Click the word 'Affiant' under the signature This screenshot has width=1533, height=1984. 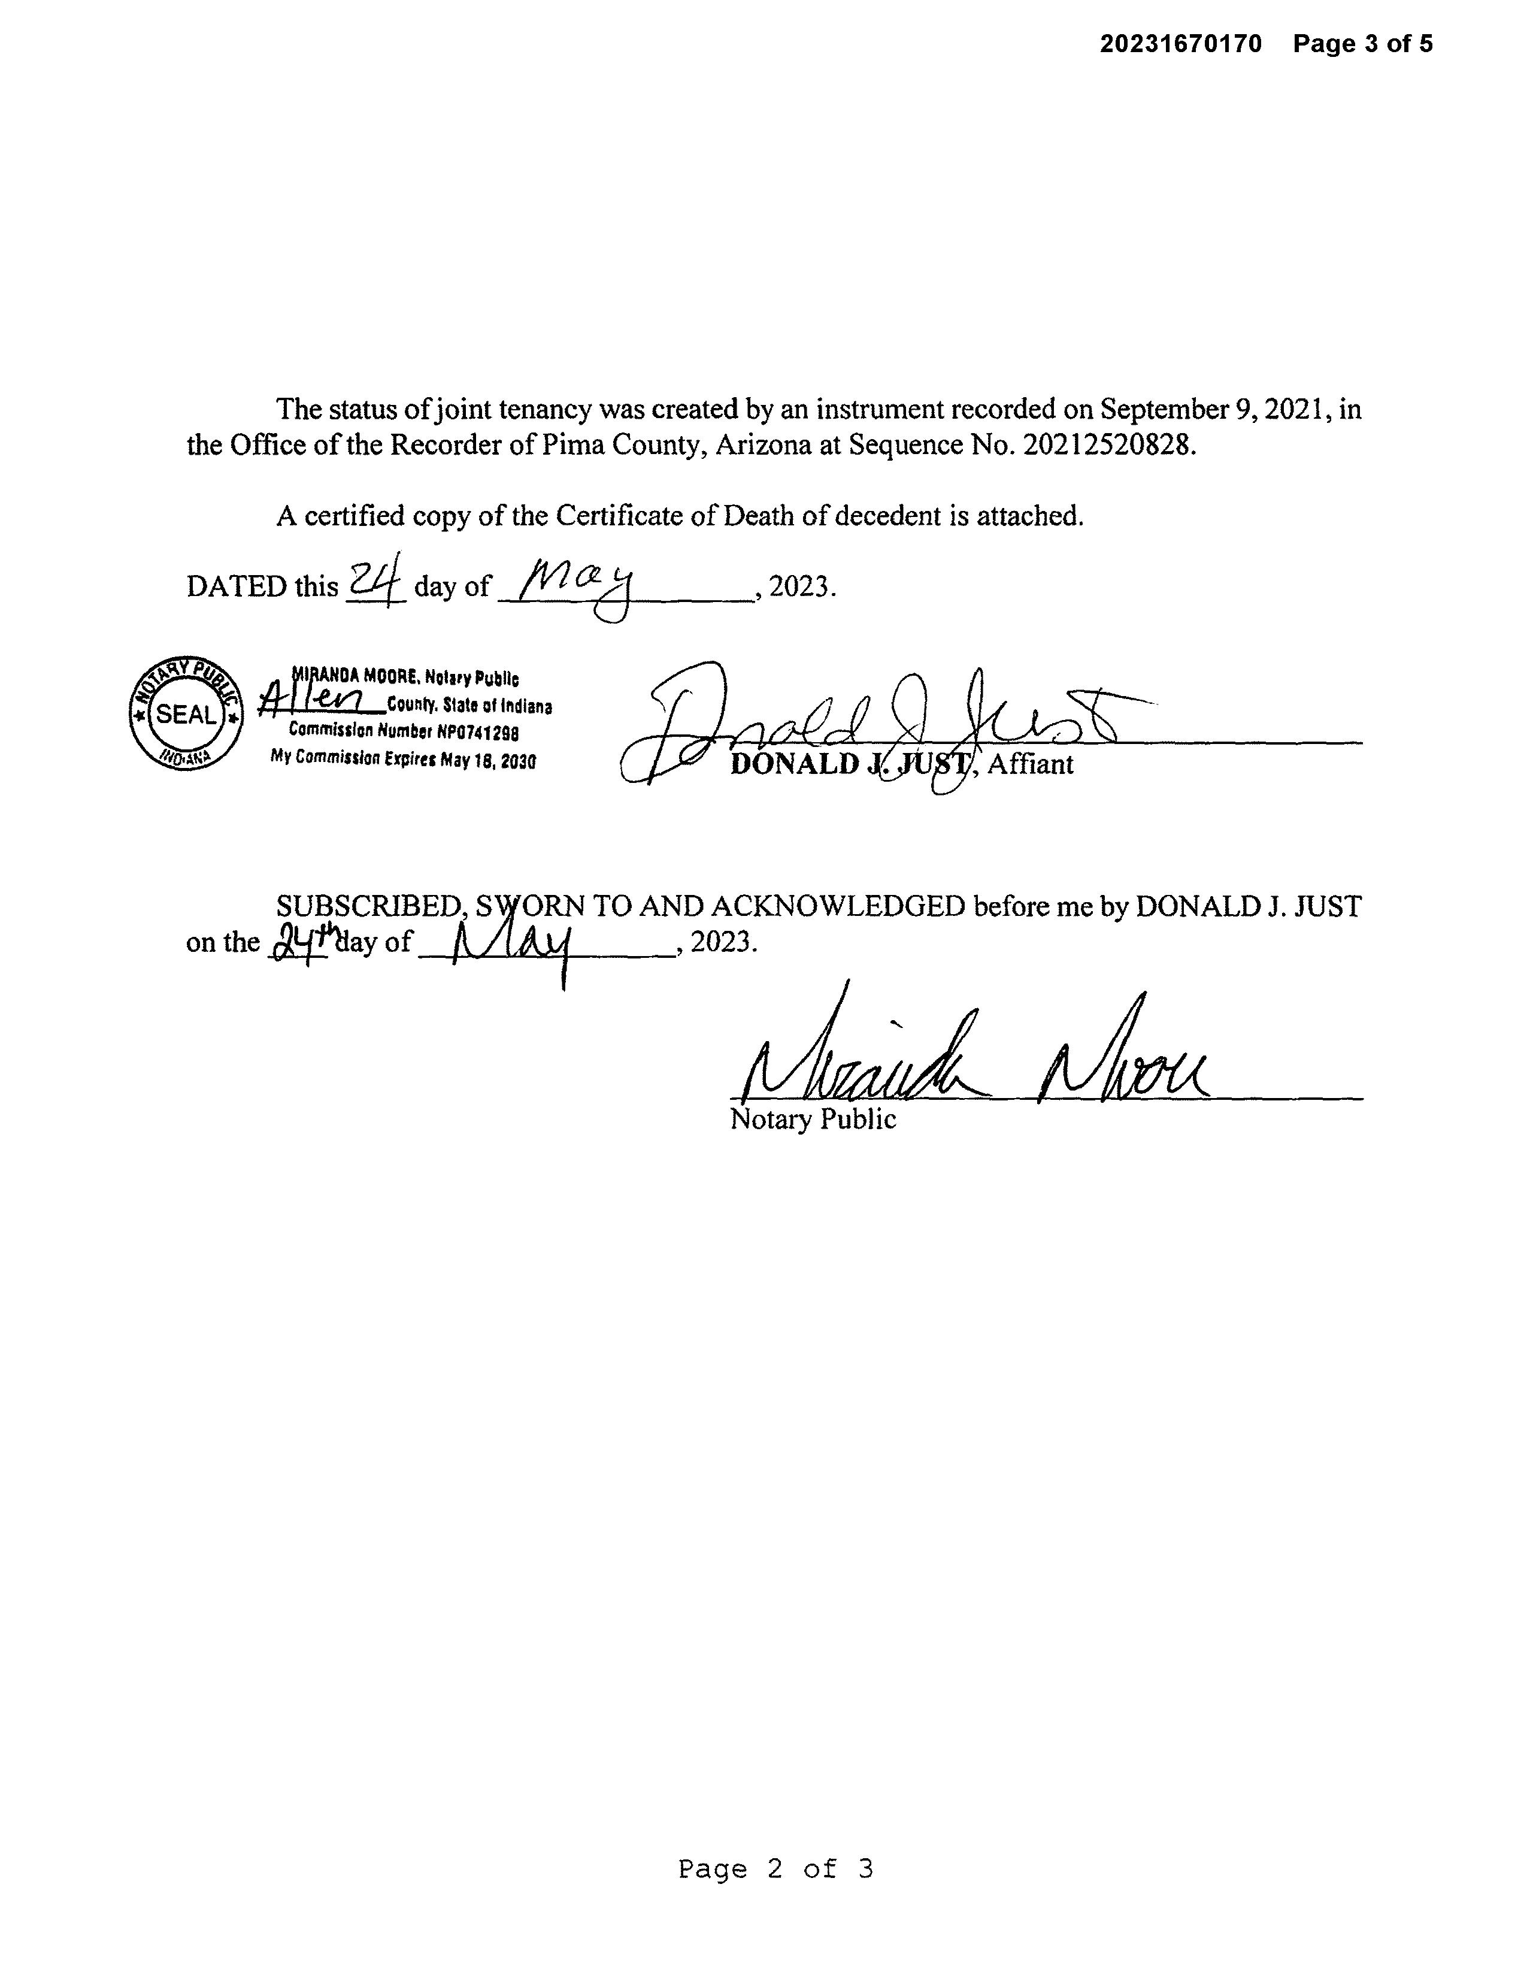click(1030, 764)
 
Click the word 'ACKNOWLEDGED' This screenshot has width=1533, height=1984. click(837, 906)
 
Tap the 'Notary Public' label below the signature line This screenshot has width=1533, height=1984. click(813, 1119)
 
